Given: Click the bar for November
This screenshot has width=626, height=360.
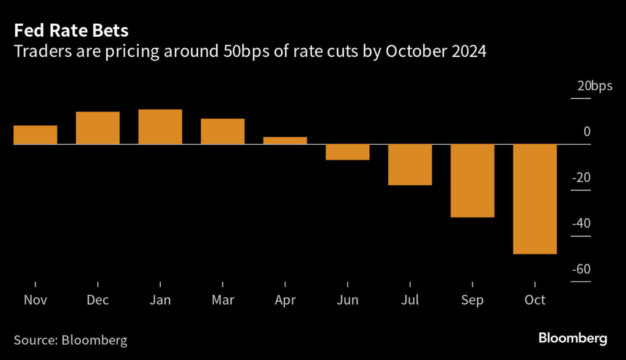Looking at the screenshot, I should point(35,135).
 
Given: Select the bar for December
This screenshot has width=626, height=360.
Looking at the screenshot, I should point(98,128).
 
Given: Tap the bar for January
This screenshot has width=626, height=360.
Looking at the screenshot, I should point(160,127).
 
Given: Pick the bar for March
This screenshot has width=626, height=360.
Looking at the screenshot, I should point(223,131).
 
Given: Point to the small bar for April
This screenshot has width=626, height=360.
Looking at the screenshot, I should point(285,141).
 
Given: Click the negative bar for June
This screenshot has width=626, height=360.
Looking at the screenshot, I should point(347,152).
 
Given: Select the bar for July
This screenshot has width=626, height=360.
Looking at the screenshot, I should point(410,164).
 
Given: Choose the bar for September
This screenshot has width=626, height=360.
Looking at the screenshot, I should point(473,180).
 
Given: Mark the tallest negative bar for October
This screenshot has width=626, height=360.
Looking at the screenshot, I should point(535,199).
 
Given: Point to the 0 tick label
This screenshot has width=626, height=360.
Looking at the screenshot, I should point(587,131).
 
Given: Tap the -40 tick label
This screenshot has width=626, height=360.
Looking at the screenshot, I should point(581,224).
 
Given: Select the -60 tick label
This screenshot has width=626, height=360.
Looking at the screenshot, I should point(581,270).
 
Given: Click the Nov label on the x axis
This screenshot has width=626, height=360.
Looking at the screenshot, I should point(35,300).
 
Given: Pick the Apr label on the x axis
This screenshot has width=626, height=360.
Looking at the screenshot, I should point(285,300).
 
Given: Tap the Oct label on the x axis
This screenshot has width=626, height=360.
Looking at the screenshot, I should point(535,300).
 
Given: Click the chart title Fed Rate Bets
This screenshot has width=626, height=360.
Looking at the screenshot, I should point(71,31).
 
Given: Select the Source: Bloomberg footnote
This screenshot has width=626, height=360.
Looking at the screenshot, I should point(71,340).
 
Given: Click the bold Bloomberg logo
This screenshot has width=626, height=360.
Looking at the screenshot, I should point(572,338).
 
